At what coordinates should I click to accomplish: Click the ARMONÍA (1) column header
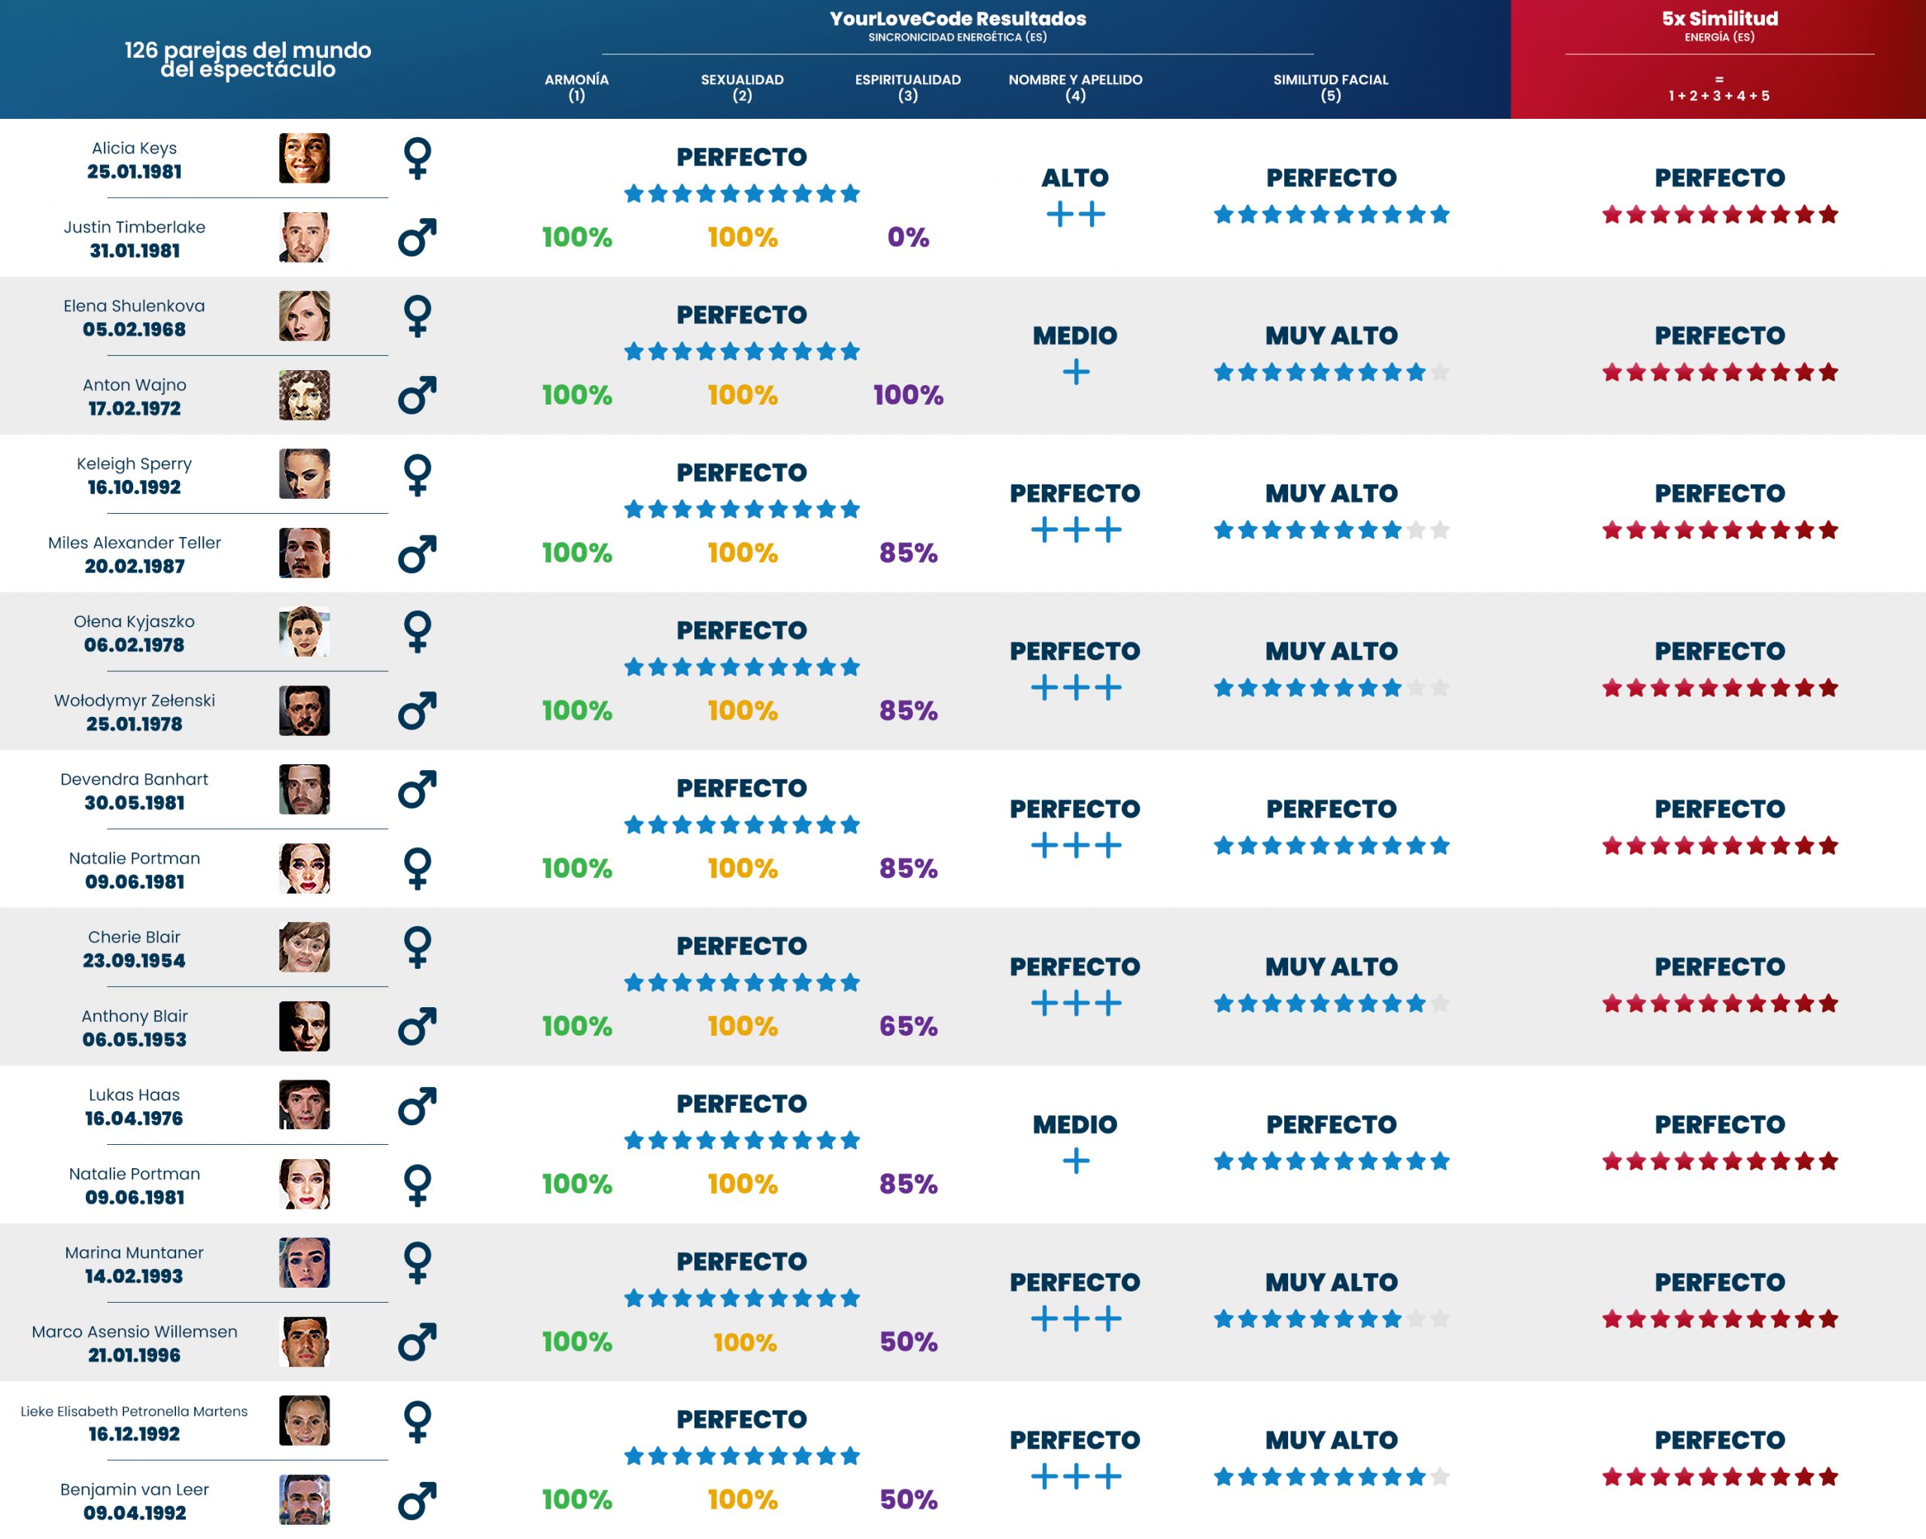coord(576,87)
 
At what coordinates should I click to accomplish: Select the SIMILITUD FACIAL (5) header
coord(1330,87)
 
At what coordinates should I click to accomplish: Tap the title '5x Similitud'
coord(1719,19)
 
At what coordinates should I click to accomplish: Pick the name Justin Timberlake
coord(135,227)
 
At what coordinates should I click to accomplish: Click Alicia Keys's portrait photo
coord(304,158)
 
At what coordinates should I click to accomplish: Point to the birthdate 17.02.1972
coord(135,408)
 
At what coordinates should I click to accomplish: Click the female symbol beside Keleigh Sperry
coord(418,475)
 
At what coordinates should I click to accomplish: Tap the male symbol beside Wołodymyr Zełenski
coord(418,711)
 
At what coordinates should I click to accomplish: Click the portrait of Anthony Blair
coord(304,1026)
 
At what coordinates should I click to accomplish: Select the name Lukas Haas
coord(135,1094)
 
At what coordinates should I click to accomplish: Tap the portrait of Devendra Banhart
coord(304,790)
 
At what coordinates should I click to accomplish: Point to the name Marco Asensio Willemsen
coord(135,1331)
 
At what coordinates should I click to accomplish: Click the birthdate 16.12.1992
coord(135,1434)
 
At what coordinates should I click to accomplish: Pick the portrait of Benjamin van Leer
coord(304,1499)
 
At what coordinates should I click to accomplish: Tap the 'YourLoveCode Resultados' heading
coord(957,19)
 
